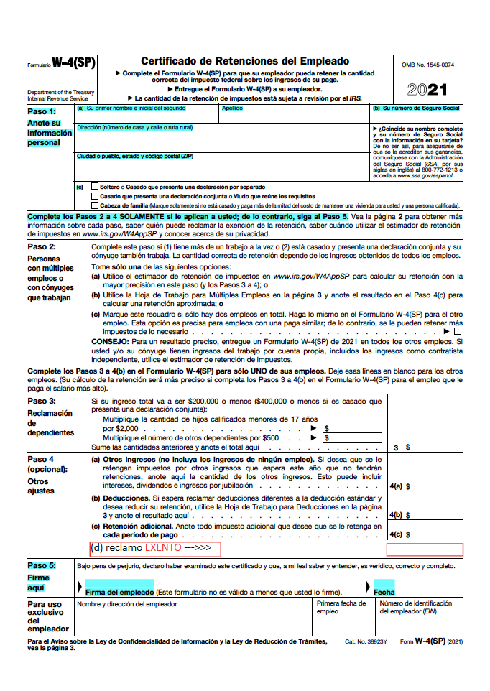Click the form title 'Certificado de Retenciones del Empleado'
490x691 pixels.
244,62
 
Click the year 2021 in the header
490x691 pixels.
427,90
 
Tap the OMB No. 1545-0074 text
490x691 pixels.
427,65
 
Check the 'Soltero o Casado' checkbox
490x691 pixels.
96,186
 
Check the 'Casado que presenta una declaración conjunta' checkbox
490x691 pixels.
96,195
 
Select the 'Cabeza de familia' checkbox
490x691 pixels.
96,205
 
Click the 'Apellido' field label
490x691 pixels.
232,108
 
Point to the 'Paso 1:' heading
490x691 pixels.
42,111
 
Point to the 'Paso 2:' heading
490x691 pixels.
42,246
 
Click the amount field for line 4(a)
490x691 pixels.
436,486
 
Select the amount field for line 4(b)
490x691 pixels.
436,514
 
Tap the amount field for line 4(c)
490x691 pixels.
436,534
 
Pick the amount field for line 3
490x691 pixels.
436,447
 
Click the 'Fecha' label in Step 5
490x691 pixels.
384,592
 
